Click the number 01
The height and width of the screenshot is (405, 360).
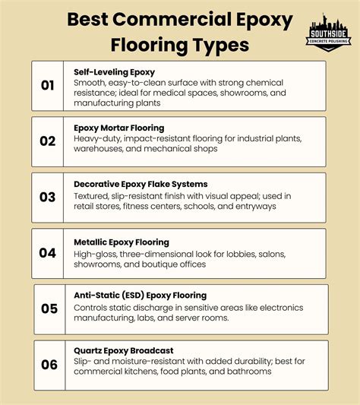[48, 86]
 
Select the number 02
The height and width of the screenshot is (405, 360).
[48, 141]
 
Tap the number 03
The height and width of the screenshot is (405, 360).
[48, 198]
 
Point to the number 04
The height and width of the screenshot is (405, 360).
[48, 253]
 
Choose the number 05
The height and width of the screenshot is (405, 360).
[49, 308]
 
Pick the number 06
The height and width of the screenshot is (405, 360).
[49, 365]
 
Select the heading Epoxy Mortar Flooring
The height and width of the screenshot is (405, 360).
[118, 128]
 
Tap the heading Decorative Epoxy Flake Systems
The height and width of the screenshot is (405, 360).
[141, 184]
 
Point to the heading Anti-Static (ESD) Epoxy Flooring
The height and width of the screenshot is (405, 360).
[141, 295]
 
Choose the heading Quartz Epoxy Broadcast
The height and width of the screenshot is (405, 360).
[124, 350]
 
